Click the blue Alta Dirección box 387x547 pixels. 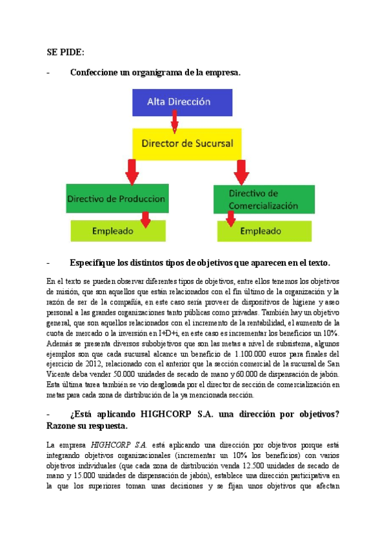tap(179, 101)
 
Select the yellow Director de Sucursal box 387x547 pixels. tap(187, 143)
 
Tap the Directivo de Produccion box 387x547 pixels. tap(117, 199)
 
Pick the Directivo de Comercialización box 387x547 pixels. tap(264, 199)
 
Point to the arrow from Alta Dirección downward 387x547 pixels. tap(175, 121)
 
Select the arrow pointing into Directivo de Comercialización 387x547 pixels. tap(241, 171)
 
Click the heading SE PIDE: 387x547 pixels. tap(66, 52)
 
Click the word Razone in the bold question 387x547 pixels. tap(64, 426)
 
